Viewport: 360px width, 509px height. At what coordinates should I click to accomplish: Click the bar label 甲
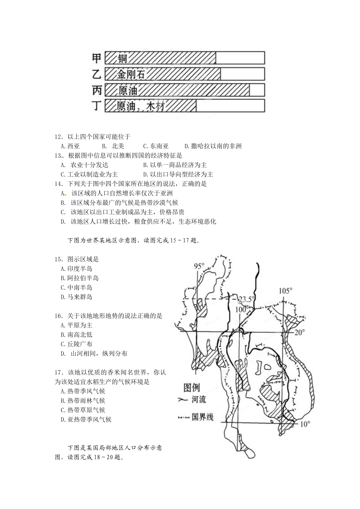97,58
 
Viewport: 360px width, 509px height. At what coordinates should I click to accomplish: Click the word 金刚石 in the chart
131,74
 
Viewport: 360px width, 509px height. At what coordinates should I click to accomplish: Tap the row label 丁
97,106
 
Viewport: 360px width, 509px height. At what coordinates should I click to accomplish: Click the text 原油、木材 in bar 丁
140,106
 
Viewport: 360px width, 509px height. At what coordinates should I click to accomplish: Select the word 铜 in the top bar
122,58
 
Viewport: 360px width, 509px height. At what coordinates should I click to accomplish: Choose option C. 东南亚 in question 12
156,146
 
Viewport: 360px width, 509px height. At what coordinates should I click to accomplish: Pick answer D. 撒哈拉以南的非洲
213,146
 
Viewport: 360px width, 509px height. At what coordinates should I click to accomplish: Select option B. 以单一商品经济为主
175,165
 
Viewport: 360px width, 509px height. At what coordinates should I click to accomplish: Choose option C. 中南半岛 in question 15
77,288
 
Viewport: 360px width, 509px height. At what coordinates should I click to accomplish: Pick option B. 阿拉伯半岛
80,278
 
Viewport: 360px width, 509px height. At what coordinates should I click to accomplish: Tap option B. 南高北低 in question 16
77,335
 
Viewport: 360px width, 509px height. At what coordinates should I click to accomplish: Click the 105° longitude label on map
286,291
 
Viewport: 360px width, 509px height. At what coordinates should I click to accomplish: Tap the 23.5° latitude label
246,300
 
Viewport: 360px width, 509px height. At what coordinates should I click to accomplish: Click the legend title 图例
191,388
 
